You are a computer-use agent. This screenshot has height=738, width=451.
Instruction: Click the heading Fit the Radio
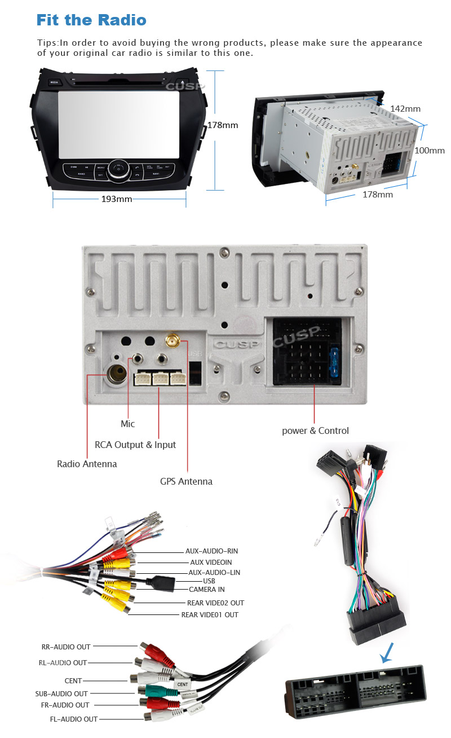(91, 20)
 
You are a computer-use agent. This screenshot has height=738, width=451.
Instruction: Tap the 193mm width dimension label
(116, 199)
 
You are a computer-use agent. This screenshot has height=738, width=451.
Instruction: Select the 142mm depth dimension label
(405, 108)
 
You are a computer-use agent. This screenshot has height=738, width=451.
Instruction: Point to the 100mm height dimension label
(430, 151)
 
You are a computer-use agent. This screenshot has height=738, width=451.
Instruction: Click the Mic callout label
(128, 424)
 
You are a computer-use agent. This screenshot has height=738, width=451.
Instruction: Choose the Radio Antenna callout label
(87, 464)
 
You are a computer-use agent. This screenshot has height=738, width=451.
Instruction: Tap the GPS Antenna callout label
(186, 481)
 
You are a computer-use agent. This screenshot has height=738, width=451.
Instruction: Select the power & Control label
(315, 430)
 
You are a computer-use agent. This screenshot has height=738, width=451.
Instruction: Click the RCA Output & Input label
(135, 445)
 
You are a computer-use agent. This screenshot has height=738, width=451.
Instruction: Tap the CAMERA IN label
(206, 589)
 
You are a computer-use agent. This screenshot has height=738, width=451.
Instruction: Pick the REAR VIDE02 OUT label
(215, 603)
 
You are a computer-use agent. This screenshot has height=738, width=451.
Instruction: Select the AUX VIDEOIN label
(211, 562)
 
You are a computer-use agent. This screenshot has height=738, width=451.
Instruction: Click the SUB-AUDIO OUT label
(61, 693)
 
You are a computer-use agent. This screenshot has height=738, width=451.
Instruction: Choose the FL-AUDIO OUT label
(74, 719)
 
